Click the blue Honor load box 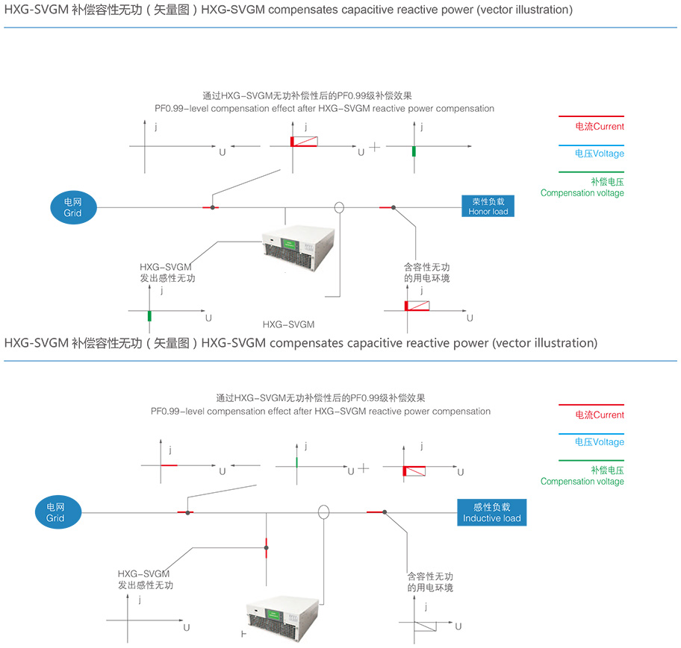pos(488,206)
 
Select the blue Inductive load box pos(491,512)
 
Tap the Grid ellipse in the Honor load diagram pos(72,207)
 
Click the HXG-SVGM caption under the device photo pos(288,324)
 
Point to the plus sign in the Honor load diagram pos(375,147)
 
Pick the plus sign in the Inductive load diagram pos(364,468)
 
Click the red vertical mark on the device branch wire pos(267,549)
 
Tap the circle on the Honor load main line pos(339,207)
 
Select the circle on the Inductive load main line pos(323,512)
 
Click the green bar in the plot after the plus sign pos(413,151)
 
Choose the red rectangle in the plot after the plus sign pos(414,471)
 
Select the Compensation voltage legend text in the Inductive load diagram pos(582,482)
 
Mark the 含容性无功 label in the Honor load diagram pos(426,267)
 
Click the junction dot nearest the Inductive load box pos(384,512)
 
